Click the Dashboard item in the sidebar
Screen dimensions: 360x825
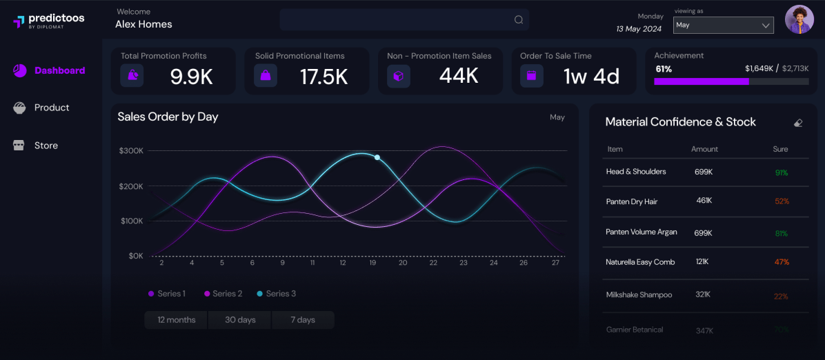pyautogui.click(x=50, y=70)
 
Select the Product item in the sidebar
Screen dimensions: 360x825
pyautogui.click(x=42, y=108)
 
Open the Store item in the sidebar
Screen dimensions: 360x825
pyautogui.click(x=36, y=146)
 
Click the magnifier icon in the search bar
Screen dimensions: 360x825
pyautogui.click(x=519, y=20)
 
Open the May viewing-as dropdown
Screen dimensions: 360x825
pyautogui.click(x=723, y=25)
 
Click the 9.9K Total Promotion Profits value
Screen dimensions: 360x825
pyautogui.click(x=192, y=77)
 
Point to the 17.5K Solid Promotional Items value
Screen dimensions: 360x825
pyautogui.click(x=324, y=77)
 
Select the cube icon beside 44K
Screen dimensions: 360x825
pyautogui.click(x=398, y=76)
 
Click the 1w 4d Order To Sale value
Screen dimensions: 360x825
pyautogui.click(x=591, y=76)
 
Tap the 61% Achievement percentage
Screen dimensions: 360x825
pyautogui.click(x=664, y=69)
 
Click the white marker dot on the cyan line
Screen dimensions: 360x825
pyautogui.click(x=377, y=157)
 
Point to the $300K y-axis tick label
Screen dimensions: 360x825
pyautogui.click(x=131, y=150)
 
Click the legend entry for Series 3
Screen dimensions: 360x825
pyautogui.click(x=276, y=294)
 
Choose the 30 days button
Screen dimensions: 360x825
pyautogui.click(x=240, y=320)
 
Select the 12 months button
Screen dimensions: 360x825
pyautogui.click(x=176, y=320)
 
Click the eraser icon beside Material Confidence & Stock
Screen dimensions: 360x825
pyautogui.click(x=798, y=123)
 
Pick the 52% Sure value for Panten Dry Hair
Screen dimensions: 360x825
pyautogui.click(x=782, y=201)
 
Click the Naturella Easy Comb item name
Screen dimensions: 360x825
pyautogui.click(x=640, y=262)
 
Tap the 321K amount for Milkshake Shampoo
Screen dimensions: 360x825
pyautogui.click(x=704, y=294)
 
